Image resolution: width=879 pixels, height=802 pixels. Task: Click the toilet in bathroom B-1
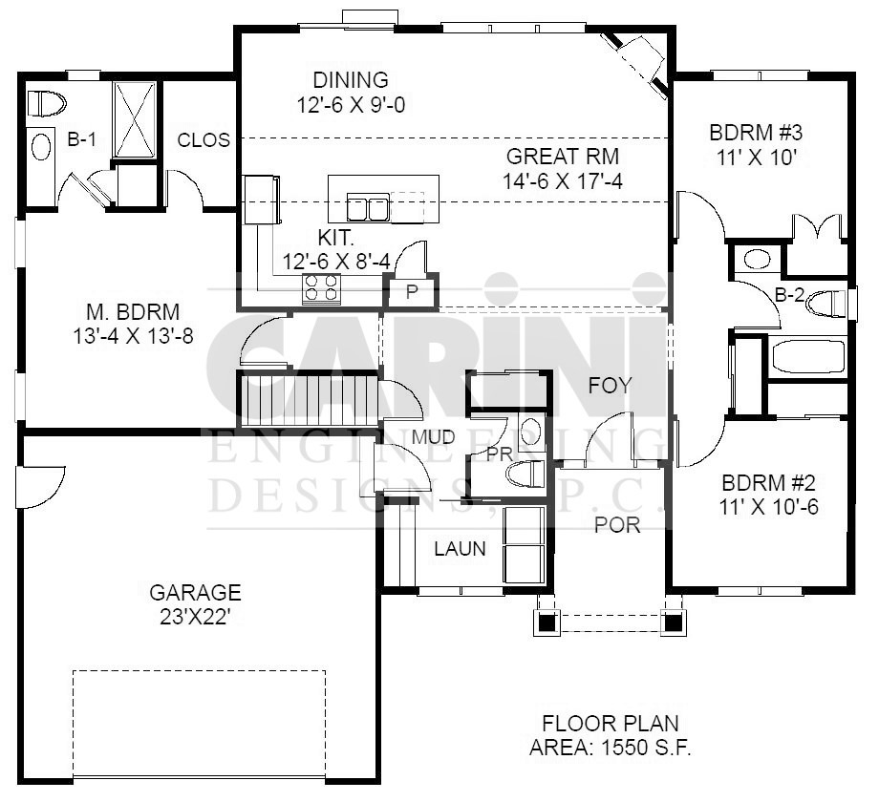[x=47, y=104]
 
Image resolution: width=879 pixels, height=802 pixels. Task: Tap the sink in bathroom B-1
[x=41, y=148]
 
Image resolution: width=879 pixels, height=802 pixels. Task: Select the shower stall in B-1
[x=135, y=119]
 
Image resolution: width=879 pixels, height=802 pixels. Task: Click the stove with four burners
[x=322, y=288]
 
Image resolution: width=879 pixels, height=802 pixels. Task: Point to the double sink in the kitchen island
[x=368, y=207]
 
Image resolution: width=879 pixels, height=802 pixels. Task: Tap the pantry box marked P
[x=412, y=291]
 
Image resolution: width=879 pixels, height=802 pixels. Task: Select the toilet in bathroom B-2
[x=825, y=304]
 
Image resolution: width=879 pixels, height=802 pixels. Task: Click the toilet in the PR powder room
[x=525, y=474]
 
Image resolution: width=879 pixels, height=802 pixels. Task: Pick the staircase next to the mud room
[x=308, y=401]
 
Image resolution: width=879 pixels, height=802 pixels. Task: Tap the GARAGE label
[x=196, y=592]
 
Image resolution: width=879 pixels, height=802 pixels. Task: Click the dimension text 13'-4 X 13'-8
[x=134, y=336]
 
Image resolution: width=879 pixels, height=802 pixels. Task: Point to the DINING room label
[x=351, y=80]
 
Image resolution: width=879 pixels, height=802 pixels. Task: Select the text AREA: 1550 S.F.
[x=610, y=748]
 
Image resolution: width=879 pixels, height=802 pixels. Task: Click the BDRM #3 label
[x=757, y=133]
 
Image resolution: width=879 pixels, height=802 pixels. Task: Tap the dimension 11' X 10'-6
[x=768, y=507]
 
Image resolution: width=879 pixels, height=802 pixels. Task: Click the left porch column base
[x=545, y=622]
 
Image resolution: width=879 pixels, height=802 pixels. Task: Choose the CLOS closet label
[x=204, y=140]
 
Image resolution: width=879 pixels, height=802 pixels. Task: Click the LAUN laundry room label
[x=461, y=549]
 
